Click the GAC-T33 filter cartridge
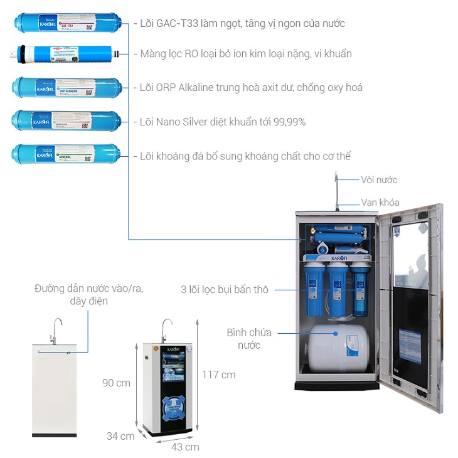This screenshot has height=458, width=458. (67, 24)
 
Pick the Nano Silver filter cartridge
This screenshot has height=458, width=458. (67, 120)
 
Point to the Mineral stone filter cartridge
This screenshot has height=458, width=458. (67, 153)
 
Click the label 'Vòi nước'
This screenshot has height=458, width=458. (379, 180)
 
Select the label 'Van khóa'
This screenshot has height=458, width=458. (380, 202)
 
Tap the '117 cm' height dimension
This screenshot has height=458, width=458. (219, 375)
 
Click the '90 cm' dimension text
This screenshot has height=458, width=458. (116, 382)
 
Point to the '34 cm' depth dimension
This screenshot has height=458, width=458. (120, 436)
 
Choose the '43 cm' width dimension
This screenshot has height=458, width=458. (185, 447)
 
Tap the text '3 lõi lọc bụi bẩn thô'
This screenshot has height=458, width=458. (224, 289)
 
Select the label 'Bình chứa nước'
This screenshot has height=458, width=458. (244, 339)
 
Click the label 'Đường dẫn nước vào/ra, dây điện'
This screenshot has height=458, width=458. (88, 294)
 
